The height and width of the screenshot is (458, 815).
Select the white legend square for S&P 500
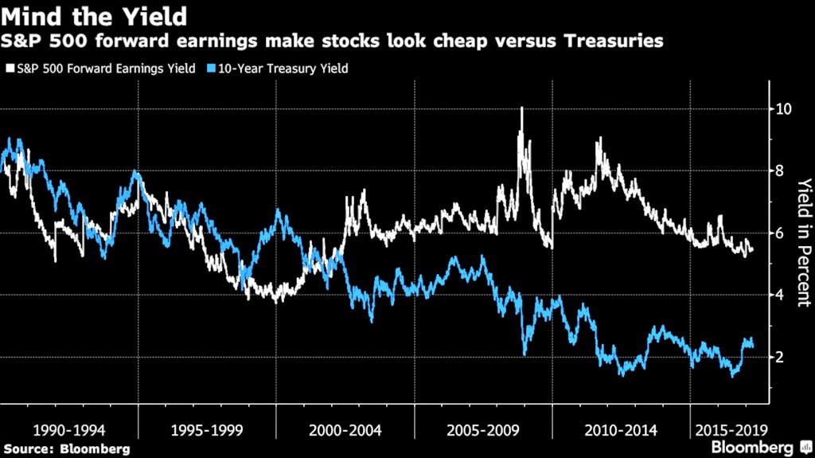(x=9, y=69)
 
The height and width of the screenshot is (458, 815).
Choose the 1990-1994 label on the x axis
(x=70, y=431)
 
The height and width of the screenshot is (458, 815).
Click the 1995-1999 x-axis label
(x=208, y=431)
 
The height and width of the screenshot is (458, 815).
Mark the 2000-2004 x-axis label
(x=345, y=431)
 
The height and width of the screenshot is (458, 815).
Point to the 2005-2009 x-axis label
(x=483, y=431)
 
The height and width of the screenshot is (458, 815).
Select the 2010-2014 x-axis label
(x=621, y=431)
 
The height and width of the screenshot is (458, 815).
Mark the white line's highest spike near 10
(x=521, y=108)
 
